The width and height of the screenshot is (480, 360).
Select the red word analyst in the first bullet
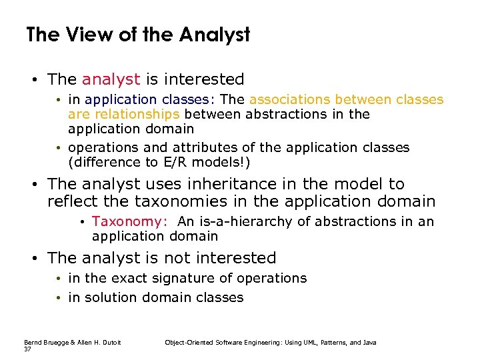tap(111, 79)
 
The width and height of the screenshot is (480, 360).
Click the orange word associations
tap(290, 99)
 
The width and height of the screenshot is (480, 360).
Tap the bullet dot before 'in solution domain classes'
tap(59, 297)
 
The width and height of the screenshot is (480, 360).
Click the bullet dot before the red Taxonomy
tap(83, 221)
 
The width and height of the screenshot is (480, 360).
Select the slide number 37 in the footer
tap(27, 349)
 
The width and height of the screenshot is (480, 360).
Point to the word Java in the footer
tap(369, 342)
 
